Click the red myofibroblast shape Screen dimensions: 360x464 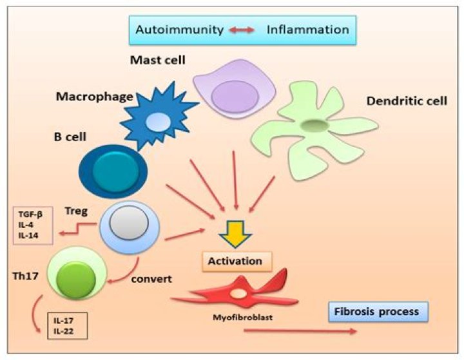tap(238, 293)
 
